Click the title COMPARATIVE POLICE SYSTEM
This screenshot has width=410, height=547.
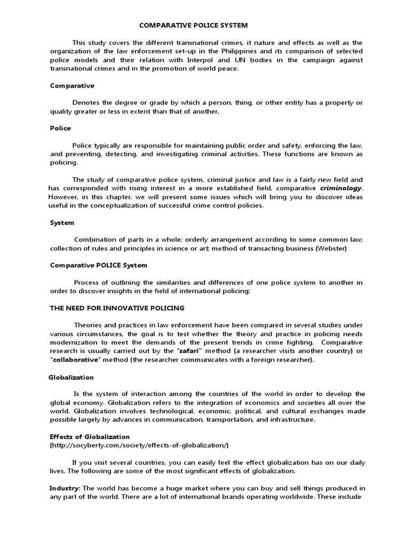pyautogui.click(x=193, y=25)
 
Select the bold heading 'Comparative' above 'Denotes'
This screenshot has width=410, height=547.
pyautogui.click(x=72, y=85)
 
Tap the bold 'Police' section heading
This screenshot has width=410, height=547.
pyautogui.click(x=60, y=128)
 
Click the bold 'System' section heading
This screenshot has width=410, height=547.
pyautogui.click(x=62, y=222)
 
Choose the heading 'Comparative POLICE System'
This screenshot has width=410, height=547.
pyautogui.click(x=98, y=265)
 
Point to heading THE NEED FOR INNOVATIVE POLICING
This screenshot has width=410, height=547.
pyautogui.click(x=117, y=308)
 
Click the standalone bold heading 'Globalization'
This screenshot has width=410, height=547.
pyautogui.click(x=71, y=377)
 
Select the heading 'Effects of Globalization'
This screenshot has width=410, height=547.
pyautogui.click(x=90, y=436)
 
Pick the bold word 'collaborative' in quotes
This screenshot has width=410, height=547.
pyautogui.click(x=77, y=360)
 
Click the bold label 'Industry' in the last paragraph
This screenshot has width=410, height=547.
pyautogui.click(x=64, y=488)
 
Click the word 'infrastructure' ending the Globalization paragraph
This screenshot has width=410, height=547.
pyautogui.click(x=291, y=420)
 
